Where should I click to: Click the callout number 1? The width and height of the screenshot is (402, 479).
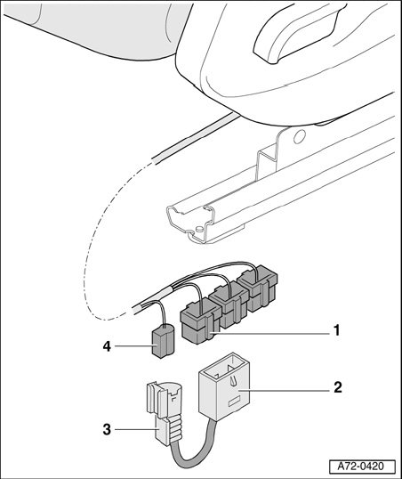click(336, 330)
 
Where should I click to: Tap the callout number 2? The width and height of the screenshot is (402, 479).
click(338, 387)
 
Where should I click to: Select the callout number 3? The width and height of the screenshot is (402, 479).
click(107, 429)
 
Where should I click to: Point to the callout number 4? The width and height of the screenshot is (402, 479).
click(107, 346)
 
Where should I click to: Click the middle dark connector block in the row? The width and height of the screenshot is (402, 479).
click(229, 305)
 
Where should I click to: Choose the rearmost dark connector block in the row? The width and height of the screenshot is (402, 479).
click(258, 288)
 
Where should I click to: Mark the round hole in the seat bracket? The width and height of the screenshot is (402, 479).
click(299, 136)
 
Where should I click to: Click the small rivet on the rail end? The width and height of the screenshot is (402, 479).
click(199, 229)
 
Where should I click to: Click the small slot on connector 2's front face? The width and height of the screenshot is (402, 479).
click(235, 402)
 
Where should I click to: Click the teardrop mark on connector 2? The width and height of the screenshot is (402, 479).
click(234, 381)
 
